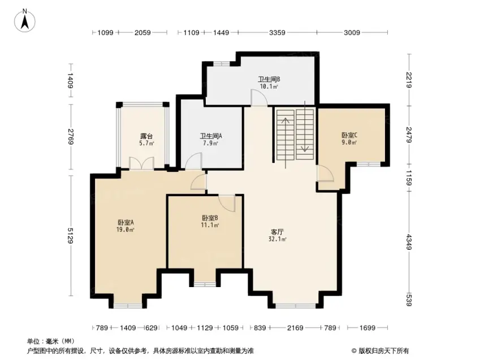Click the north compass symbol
[x=24, y=20]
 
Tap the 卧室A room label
[x=126, y=222]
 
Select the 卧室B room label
[x=210, y=218]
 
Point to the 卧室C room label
[x=349, y=135]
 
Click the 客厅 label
[x=277, y=232]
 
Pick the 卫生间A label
[x=211, y=136]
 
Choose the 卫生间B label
[x=269, y=79]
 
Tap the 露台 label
[x=146, y=136]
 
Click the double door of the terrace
[x=141, y=163]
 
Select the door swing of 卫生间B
[x=259, y=98]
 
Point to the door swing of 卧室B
[x=227, y=203]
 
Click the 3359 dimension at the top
[x=277, y=32]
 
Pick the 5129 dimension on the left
[x=71, y=236]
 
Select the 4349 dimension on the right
[x=408, y=241]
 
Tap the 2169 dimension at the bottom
[x=295, y=328]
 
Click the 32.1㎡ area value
[x=278, y=240]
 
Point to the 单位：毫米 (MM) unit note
[x=51, y=341]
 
